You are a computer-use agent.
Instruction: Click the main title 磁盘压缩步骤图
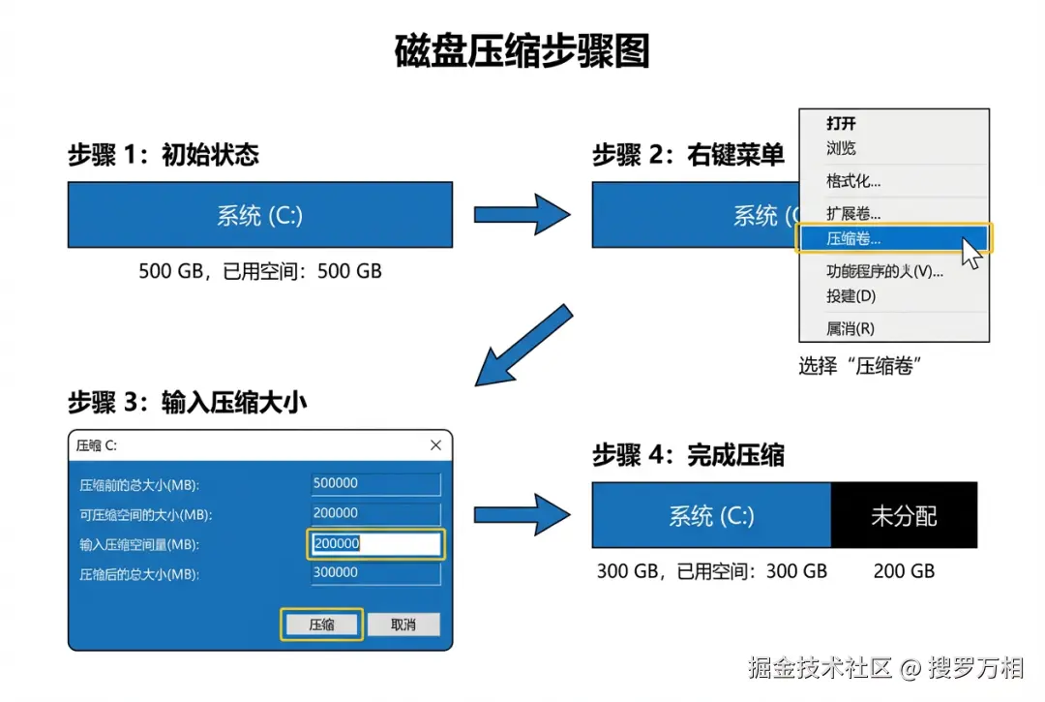point(522,50)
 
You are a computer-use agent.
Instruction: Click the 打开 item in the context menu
point(841,124)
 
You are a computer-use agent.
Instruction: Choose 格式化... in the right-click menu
point(853,181)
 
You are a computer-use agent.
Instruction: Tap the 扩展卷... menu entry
point(853,213)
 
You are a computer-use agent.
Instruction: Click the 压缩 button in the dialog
point(321,625)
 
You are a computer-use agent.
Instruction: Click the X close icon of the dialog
point(435,445)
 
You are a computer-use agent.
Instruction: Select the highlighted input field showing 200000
point(376,544)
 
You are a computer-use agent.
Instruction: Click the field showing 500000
point(376,483)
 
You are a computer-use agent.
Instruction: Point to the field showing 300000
point(376,572)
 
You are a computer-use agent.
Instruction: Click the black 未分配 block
point(904,515)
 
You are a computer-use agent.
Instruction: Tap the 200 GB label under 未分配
point(904,571)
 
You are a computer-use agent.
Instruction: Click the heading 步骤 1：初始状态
point(164,155)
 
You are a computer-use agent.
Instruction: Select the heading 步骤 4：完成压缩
point(688,455)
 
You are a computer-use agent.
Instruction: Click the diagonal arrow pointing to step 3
point(523,345)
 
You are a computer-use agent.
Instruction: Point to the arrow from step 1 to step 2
point(522,214)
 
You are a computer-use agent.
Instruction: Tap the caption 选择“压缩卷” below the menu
point(858,366)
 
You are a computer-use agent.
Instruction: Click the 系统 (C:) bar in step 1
point(259,215)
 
